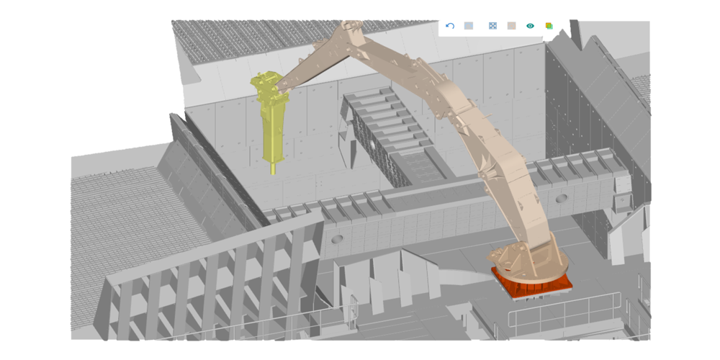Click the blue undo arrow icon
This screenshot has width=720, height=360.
click(x=450, y=26)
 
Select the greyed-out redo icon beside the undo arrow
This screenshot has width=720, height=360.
click(x=469, y=26)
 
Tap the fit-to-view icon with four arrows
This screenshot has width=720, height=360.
click(x=492, y=26)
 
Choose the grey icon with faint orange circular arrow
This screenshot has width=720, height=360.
click(x=512, y=26)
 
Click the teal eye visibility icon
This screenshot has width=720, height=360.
click(x=531, y=26)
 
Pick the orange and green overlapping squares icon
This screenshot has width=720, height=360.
click(x=549, y=26)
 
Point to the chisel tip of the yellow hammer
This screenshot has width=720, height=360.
click(x=273, y=169)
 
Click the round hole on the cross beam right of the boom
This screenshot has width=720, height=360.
click(x=562, y=198)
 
